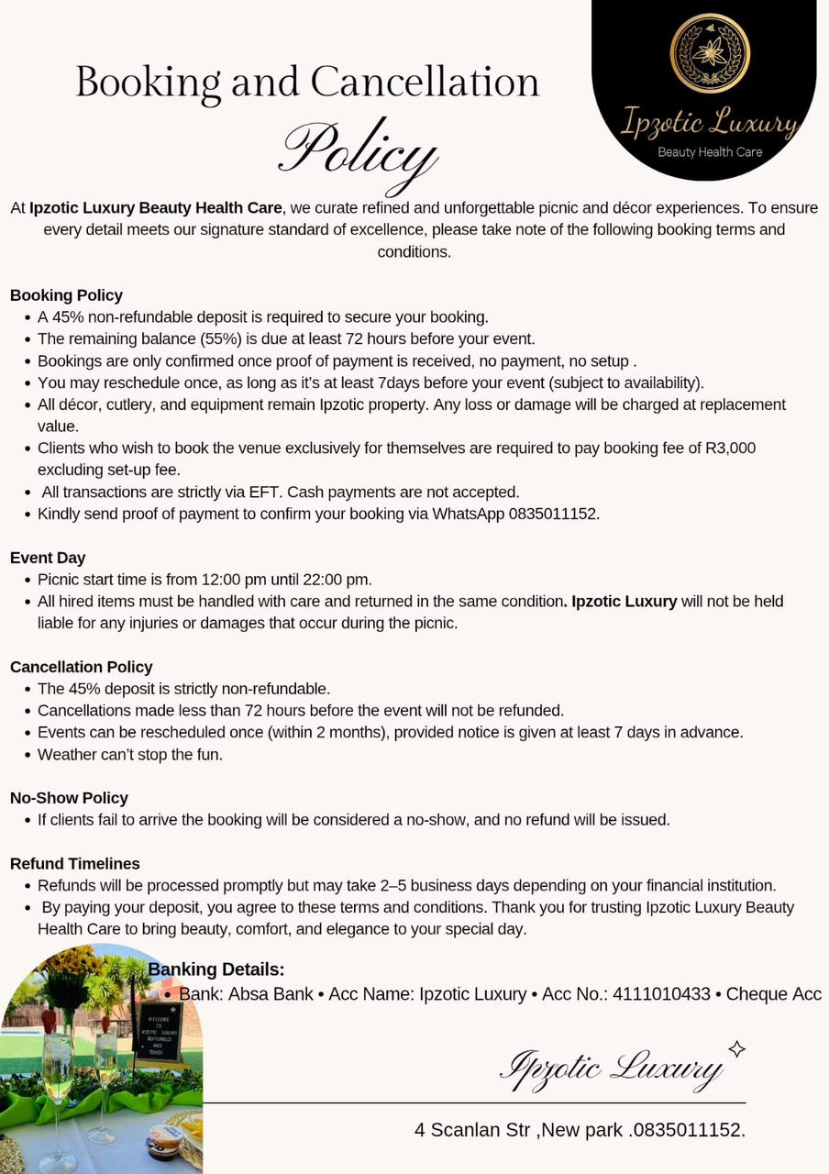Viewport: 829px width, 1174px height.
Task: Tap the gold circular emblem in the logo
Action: tap(709, 52)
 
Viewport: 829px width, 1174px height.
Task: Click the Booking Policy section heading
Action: tap(66, 295)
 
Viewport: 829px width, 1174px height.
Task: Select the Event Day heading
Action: tap(48, 558)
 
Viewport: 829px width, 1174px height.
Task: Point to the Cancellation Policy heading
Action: tap(81, 667)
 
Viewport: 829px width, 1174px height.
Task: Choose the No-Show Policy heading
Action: tap(69, 798)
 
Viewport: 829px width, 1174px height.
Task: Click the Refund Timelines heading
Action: tap(75, 864)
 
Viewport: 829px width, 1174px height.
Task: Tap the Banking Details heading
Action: tap(216, 969)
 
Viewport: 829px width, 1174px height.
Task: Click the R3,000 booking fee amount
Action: tap(730, 449)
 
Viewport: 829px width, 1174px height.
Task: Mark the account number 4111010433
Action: tap(661, 994)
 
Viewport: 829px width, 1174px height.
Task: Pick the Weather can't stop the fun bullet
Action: tap(130, 755)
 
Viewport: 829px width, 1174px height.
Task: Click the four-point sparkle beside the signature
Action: tap(736, 1049)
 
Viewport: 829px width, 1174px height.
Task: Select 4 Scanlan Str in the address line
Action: tap(471, 1130)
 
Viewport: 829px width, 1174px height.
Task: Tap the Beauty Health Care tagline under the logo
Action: tap(710, 152)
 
